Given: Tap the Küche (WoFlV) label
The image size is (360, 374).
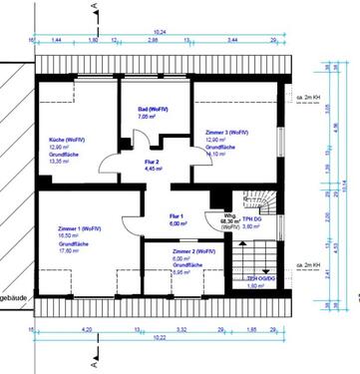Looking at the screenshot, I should pyautogui.click(x=67, y=141).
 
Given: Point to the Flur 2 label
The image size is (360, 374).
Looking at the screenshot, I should pyautogui.click(x=152, y=161).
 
